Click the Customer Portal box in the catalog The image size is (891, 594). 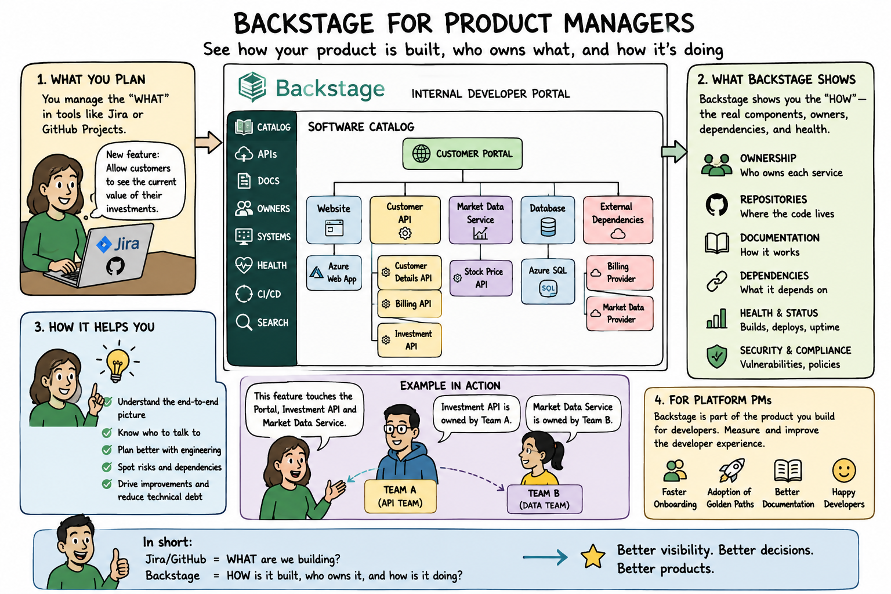(x=462, y=154)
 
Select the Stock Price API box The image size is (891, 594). (x=480, y=278)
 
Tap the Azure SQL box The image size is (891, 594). (x=548, y=281)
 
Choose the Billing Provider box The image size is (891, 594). (x=620, y=273)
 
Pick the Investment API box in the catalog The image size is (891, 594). (x=410, y=340)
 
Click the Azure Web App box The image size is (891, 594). (x=334, y=273)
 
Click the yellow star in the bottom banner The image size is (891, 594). (x=593, y=556)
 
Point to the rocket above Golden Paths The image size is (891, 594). (x=731, y=470)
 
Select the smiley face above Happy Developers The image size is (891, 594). (x=843, y=470)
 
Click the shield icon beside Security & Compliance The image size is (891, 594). (x=717, y=357)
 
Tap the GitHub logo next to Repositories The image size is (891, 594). (x=717, y=205)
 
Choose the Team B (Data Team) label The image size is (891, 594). (x=545, y=499)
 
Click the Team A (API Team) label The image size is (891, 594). (x=400, y=496)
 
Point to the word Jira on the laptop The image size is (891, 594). (x=126, y=243)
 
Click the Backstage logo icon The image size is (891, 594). (x=252, y=87)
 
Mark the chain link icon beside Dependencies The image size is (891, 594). (x=717, y=282)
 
